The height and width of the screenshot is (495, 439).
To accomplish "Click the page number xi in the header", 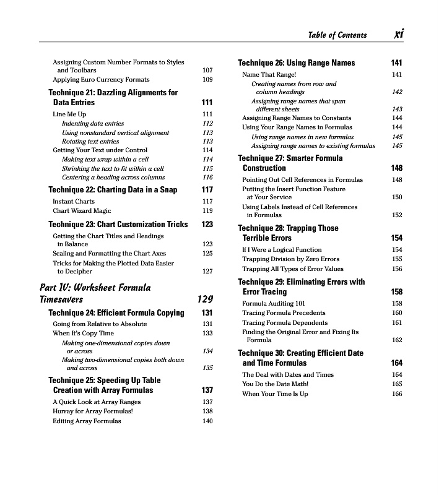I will [398, 35].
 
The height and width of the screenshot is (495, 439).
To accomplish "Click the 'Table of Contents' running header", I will [337, 35].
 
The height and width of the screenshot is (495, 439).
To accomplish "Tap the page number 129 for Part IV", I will [205, 299].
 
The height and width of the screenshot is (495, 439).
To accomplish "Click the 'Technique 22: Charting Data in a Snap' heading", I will [113, 190].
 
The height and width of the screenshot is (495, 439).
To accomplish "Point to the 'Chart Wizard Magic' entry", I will [82, 210].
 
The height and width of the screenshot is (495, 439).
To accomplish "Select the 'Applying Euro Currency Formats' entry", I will [101, 79].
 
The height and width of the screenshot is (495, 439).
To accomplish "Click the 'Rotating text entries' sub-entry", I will [90, 141].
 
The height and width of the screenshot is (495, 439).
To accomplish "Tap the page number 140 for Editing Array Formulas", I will [207, 421].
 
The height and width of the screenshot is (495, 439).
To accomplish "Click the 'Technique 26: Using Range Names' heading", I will [297, 62].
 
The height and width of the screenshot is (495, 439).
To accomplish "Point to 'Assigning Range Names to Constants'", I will [297, 118].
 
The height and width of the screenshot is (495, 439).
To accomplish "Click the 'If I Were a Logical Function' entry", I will [282, 249].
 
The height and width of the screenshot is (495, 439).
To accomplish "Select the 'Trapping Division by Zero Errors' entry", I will [290, 259].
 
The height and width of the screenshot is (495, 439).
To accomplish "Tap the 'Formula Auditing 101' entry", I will [274, 303].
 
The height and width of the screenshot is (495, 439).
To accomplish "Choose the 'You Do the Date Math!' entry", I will [275, 384].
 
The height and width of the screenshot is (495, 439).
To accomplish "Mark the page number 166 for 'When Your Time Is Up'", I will [397, 394].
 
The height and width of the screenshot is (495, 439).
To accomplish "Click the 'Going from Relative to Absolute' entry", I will [100, 324].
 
